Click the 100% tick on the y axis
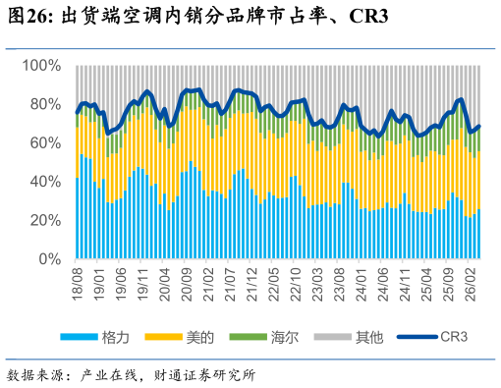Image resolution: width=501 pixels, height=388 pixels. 41,66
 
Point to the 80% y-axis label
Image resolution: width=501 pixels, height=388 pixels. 45,104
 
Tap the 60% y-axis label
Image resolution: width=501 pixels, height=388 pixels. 45,143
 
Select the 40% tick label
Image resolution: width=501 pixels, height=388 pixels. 45,182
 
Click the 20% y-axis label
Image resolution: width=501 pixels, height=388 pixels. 45,220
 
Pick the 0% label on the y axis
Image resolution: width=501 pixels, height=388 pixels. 50,259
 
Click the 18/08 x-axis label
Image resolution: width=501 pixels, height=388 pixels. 78,284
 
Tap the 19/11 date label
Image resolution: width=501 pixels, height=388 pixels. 143,284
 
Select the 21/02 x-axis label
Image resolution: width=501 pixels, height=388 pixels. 208,284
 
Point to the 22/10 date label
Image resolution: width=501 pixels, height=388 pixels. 296,284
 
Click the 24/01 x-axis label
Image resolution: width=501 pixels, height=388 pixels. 362,284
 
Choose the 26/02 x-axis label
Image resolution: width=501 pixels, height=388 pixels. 471,284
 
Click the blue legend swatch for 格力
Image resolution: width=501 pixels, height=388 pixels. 80,337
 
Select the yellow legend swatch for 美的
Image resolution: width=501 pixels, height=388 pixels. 163,337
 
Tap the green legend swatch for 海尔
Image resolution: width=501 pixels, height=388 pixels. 248,337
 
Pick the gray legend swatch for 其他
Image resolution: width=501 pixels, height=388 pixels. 332,337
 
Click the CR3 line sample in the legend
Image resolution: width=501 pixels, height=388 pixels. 417,337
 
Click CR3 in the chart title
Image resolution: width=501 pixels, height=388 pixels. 368,16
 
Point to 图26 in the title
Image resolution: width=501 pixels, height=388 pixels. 28,16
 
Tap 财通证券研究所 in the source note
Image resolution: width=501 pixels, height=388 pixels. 204,375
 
